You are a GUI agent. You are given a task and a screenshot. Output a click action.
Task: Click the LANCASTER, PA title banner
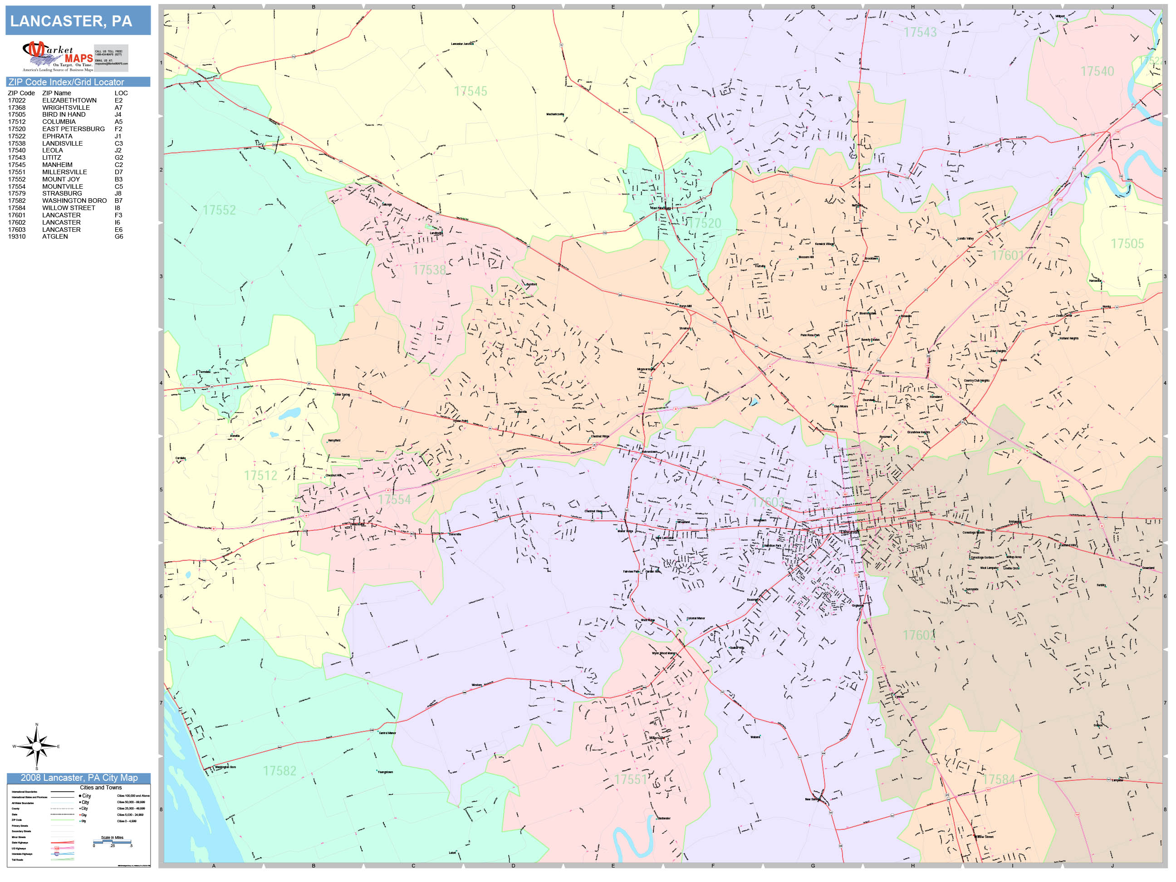[x=78, y=21]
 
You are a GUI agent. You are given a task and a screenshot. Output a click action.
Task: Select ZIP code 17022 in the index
[x=16, y=100]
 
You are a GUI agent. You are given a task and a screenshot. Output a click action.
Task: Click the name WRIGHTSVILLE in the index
[x=66, y=108]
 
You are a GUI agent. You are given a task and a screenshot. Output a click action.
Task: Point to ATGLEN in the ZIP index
[x=55, y=236]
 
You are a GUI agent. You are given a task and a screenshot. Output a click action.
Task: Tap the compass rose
[x=36, y=746]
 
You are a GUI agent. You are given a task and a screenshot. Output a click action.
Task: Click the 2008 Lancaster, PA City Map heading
[x=78, y=778]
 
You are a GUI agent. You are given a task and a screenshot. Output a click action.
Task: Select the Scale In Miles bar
[x=112, y=841]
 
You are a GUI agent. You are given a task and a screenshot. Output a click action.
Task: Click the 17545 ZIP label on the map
[x=470, y=92]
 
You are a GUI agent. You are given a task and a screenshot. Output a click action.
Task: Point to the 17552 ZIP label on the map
[x=219, y=210]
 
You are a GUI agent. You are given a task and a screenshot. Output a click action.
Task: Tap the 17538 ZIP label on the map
[x=429, y=270]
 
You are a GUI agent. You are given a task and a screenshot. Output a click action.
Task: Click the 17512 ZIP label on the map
[x=260, y=475]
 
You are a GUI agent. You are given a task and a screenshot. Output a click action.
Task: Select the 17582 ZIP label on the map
[x=279, y=771]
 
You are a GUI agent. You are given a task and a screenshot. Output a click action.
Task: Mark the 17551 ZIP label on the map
[x=631, y=779]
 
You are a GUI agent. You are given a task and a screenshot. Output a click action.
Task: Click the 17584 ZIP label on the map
[x=999, y=779]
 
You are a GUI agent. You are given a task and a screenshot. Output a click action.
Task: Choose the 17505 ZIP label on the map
[x=1127, y=244]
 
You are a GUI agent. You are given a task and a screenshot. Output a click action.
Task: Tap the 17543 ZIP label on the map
[x=920, y=32]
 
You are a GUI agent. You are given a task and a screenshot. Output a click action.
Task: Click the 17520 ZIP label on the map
[x=705, y=223]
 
